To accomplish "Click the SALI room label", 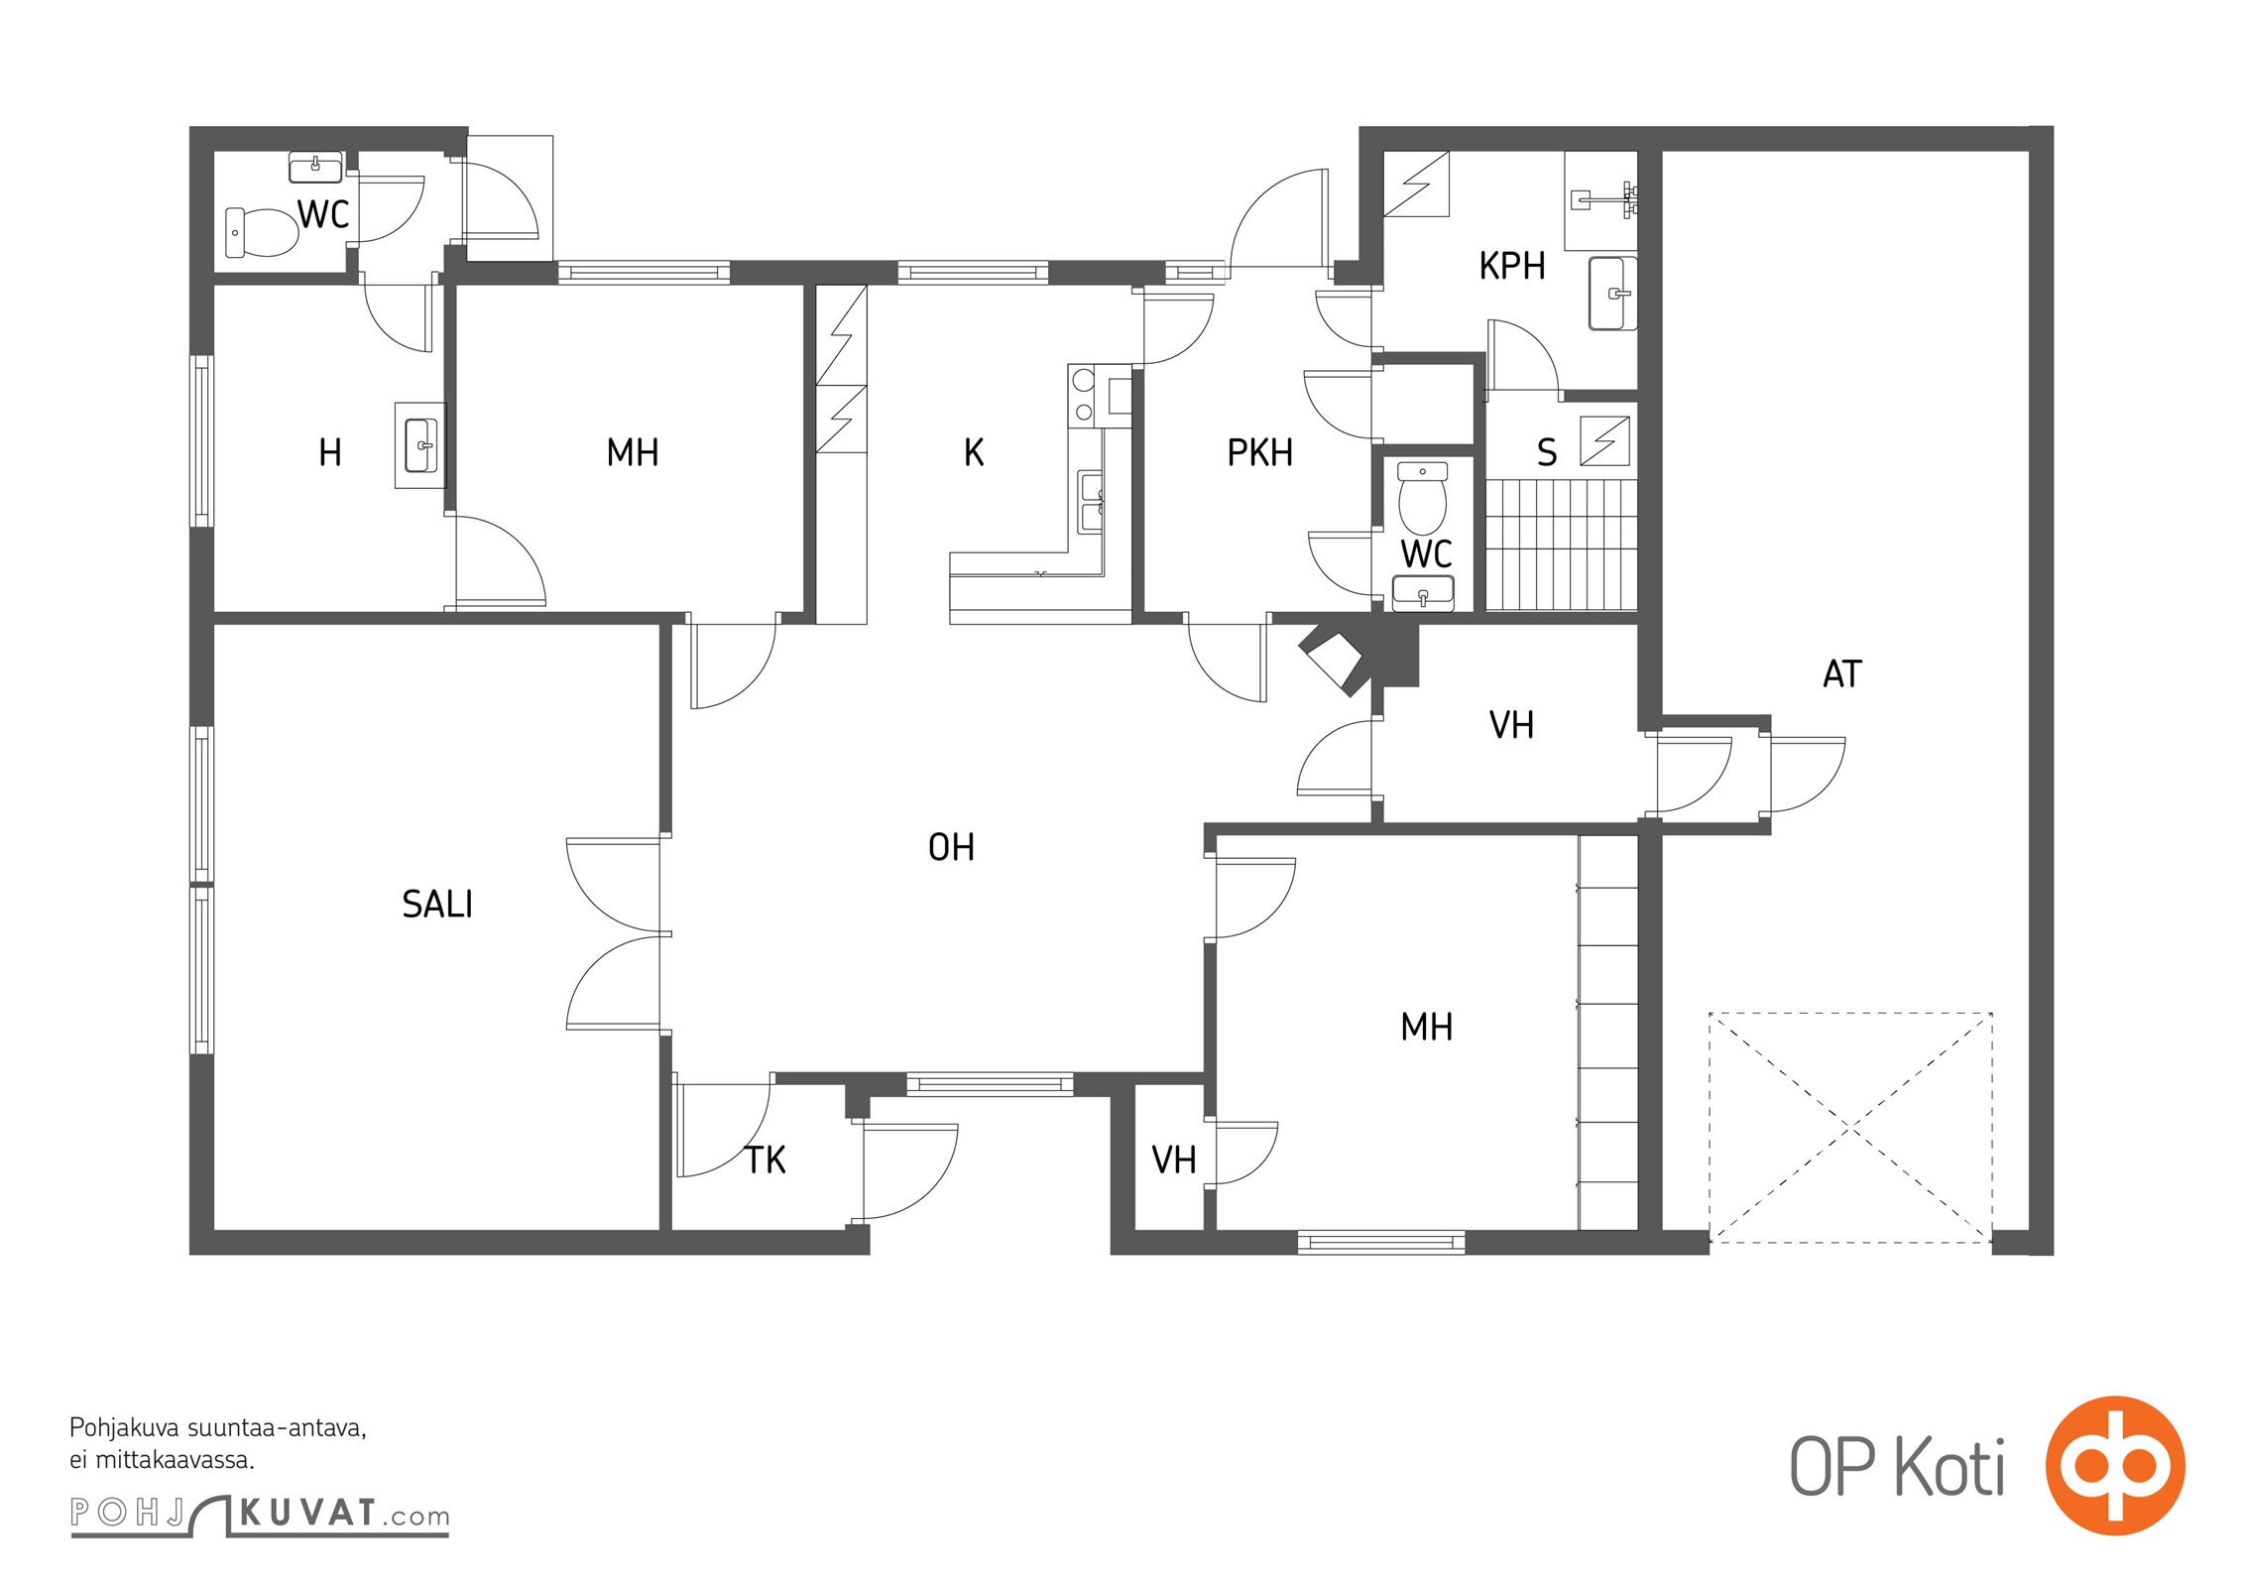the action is click(437, 904).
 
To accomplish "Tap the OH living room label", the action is click(951, 847).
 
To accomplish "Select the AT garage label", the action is click(1842, 674).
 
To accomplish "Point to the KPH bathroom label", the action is click(1512, 266).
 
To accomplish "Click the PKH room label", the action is click(1260, 452).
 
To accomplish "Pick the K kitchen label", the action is click(974, 452).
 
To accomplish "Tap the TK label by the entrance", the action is click(766, 1160).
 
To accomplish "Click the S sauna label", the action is click(1547, 452).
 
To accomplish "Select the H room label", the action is click(330, 452).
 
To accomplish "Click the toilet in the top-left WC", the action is click(261, 232).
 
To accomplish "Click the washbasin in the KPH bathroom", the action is click(1612, 293).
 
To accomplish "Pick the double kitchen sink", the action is click(1091, 502).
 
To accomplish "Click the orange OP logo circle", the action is click(2115, 1465).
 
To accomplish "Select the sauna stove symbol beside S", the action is click(1604, 440).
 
